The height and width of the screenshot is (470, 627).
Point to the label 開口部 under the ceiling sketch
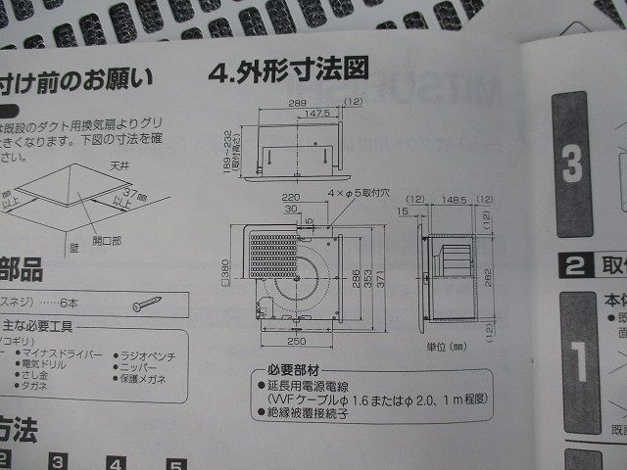coord(108,239)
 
